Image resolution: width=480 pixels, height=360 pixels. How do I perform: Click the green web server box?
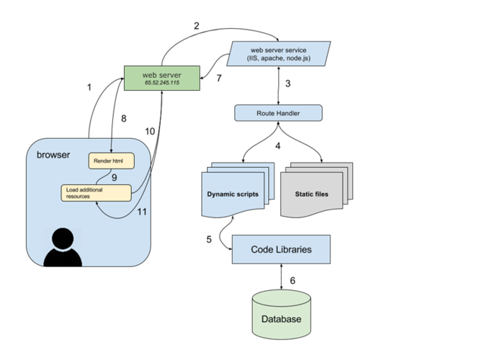tap(161, 78)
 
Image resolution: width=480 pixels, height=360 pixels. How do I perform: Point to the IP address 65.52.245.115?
tap(161, 84)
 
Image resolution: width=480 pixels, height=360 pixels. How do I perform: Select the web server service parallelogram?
tap(278, 54)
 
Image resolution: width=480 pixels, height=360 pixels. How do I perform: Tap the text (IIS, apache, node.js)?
tap(278, 58)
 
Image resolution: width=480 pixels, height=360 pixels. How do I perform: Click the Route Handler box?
tap(278, 113)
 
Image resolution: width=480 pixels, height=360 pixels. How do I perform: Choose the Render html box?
tap(111, 161)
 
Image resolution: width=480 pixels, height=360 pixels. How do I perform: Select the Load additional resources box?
tap(95, 193)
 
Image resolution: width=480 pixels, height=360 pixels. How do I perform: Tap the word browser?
tap(54, 155)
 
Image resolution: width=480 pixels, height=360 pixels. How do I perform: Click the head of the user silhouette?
tap(63, 238)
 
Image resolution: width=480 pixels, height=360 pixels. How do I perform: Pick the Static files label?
tap(312, 195)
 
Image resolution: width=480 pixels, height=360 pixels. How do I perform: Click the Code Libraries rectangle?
tap(281, 249)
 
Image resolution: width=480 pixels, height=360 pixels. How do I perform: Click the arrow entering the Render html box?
tap(111, 148)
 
